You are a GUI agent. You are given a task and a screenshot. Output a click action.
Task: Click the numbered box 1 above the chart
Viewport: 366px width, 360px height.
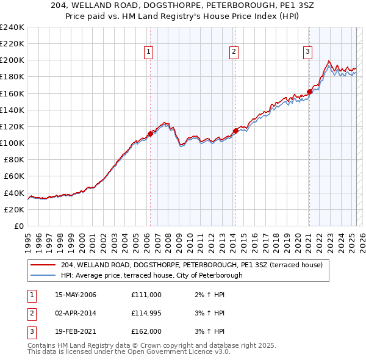pyautogui.click(x=149, y=52)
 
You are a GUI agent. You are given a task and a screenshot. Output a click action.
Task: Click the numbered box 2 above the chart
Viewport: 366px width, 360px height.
pyautogui.click(x=234, y=52)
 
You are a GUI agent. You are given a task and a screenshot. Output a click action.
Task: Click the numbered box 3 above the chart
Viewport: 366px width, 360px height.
pyautogui.click(x=308, y=52)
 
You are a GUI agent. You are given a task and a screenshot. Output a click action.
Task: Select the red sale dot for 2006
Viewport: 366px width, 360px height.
pyautogui.click(x=150, y=134)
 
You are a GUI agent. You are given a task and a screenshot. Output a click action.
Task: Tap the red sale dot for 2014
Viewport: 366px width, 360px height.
pyautogui.click(x=235, y=131)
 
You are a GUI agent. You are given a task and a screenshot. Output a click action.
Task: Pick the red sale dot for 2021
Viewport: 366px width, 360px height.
pyautogui.click(x=309, y=92)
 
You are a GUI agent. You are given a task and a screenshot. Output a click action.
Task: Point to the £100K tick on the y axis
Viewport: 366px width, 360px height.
pyautogui.click(x=12, y=143)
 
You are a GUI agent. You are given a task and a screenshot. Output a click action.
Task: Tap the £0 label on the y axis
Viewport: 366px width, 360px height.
pyautogui.click(x=19, y=226)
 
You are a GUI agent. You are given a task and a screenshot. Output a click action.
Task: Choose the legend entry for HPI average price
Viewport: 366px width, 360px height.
pyautogui.click(x=151, y=275)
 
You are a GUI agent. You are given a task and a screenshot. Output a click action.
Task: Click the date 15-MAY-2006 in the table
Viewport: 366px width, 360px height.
pyautogui.click(x=76, y=295)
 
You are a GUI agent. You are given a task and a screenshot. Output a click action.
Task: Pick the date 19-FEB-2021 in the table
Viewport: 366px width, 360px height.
pyautogui.click(x=75, y=333)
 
